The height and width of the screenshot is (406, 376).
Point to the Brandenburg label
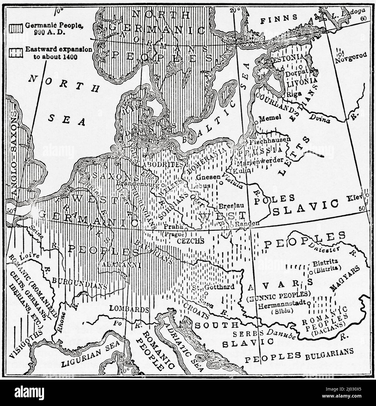click(x=137, y=185)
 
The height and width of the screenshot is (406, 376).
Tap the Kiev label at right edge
click(x=356, y=198)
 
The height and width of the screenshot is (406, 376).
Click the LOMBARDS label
click(x=127, y=309)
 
